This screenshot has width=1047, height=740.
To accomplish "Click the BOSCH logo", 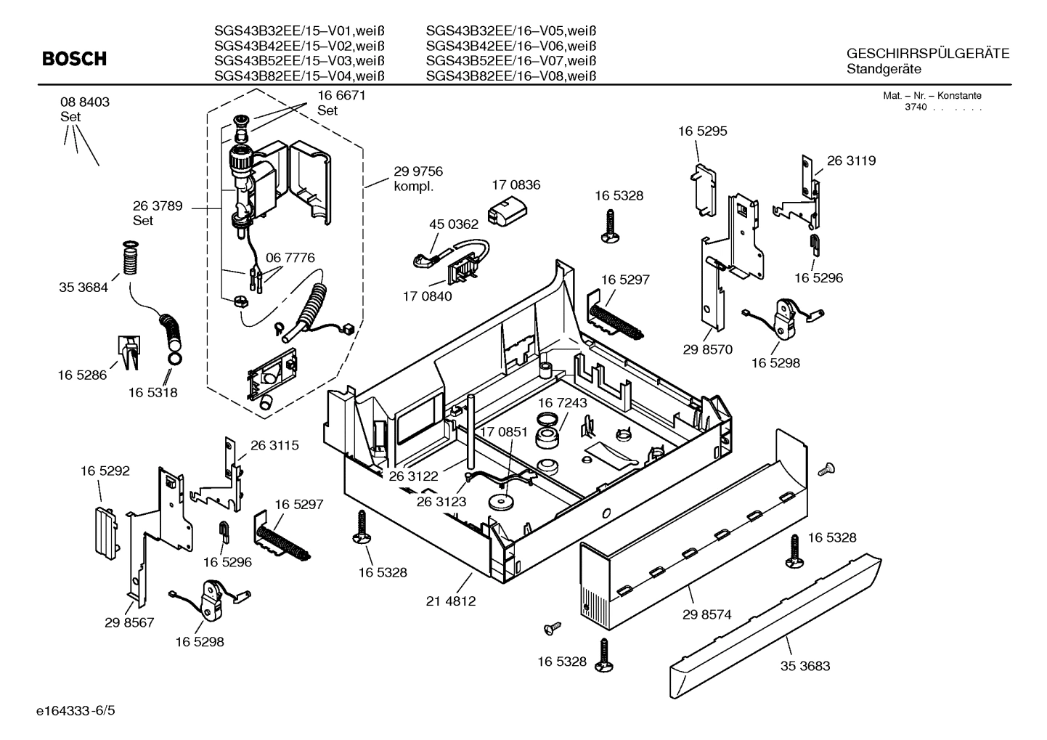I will click(x=74, y=59).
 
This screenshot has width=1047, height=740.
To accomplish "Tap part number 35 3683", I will click(x=804, y=665).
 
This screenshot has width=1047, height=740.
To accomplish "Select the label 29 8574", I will click(x=706, y=614).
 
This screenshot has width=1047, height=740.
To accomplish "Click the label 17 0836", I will click(x=516, y=185).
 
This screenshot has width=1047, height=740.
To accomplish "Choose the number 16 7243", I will click(x=562, y=402).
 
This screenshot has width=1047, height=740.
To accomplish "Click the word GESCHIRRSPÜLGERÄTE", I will click(x=927, y=54).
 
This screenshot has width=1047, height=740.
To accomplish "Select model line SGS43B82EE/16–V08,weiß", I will click(x=510, y=76).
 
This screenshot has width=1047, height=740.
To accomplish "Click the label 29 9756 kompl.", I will click(x=417, y=179).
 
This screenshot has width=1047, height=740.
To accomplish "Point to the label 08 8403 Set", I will click(x=84, y=109).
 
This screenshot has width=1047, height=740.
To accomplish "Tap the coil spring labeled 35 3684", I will click(x=129, y=259).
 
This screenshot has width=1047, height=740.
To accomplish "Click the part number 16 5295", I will click(x=702, y=131).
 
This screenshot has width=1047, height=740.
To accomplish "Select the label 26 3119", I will click(x=851, y=160).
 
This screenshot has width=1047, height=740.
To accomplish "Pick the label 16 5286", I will click(x=82, y=375).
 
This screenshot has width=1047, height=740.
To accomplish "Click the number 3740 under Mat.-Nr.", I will click(x=916, y=107).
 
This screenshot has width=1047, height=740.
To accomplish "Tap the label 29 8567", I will click(x=129, y=622).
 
